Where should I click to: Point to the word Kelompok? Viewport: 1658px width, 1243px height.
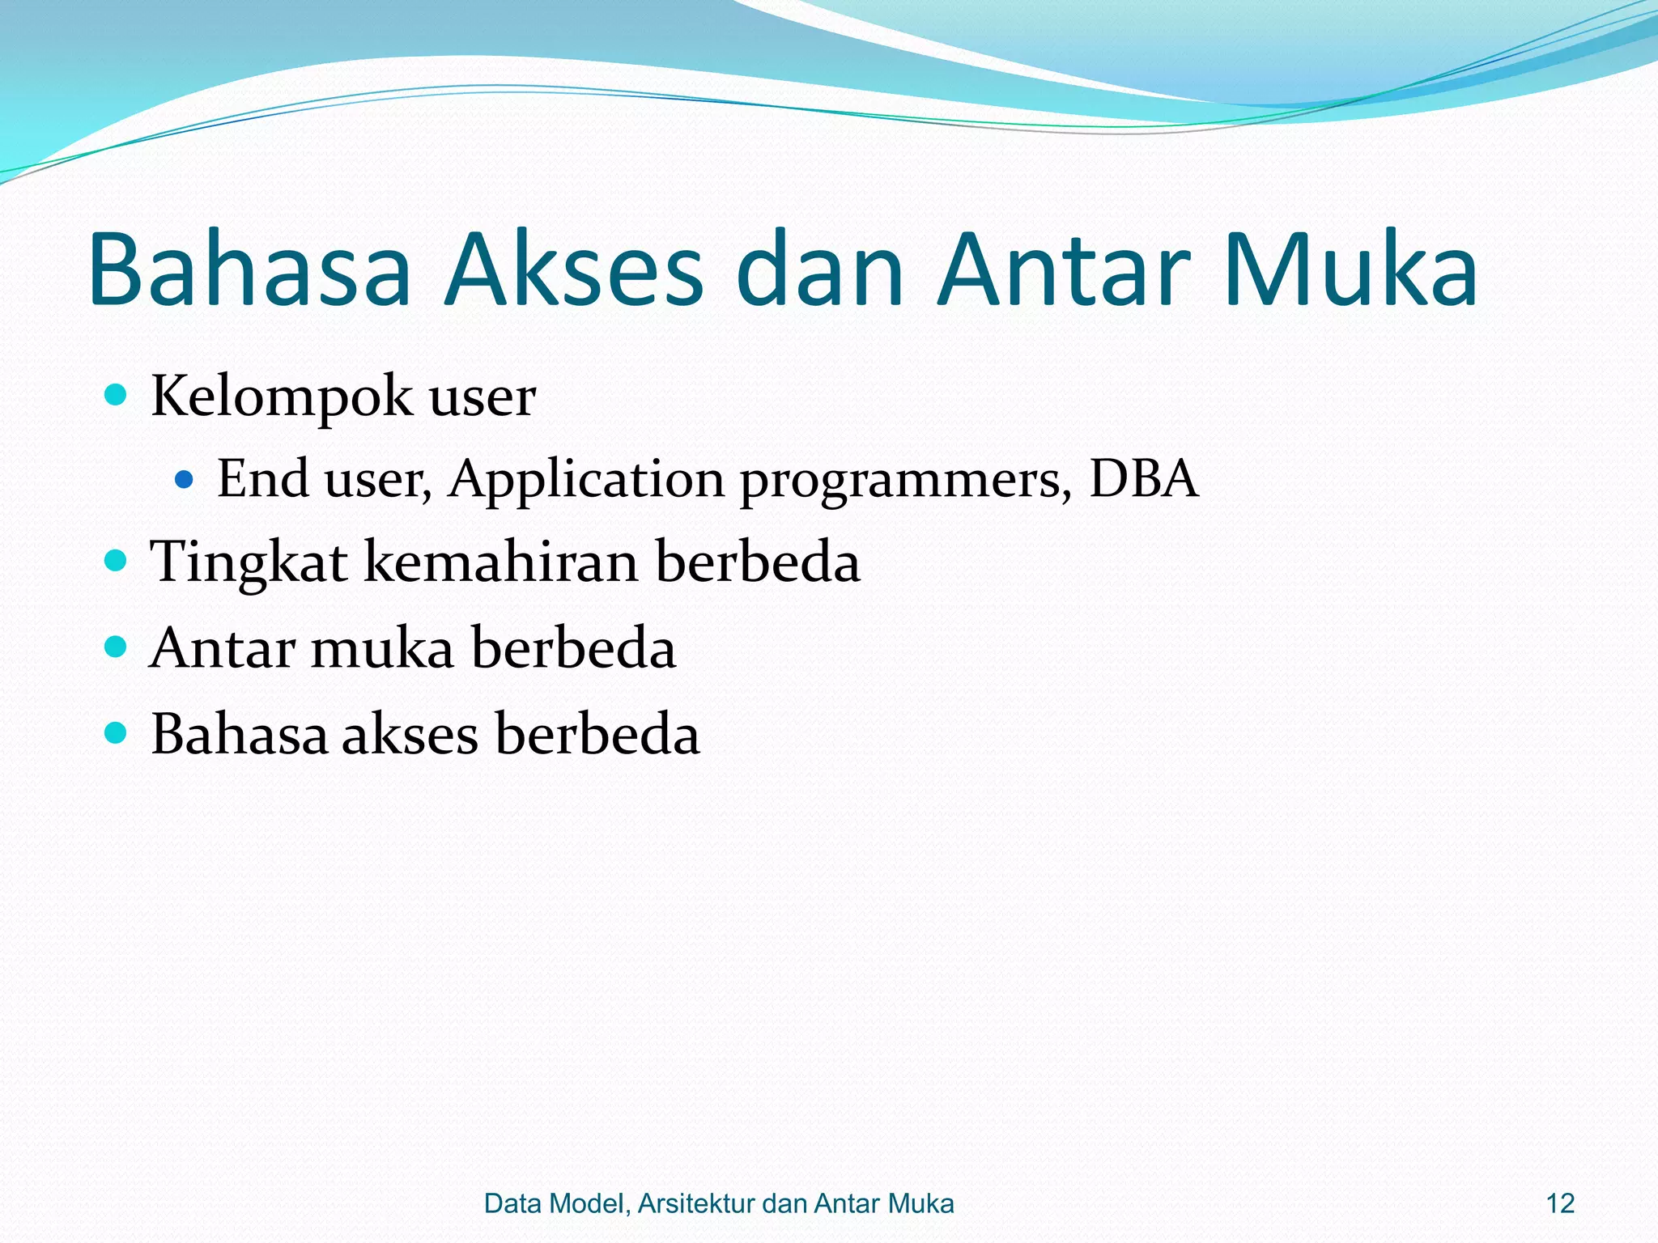point(281,397)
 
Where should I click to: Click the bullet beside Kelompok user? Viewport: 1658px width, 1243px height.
point(117,395)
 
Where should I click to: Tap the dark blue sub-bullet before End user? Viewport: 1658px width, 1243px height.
point(185,480)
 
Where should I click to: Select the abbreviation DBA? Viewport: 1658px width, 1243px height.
point(1142,478)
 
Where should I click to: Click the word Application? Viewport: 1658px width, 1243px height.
point(586,480)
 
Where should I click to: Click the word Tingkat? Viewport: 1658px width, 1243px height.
point(249,562)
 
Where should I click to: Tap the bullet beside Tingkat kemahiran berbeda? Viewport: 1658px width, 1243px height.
point(117,560)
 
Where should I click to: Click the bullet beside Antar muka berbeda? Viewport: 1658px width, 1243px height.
point(117,647)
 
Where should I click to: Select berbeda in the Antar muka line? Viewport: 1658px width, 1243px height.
point(573,648)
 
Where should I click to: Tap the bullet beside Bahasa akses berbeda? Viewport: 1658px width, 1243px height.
point(117,733)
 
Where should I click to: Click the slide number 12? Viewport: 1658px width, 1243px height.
point(1560,1203)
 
